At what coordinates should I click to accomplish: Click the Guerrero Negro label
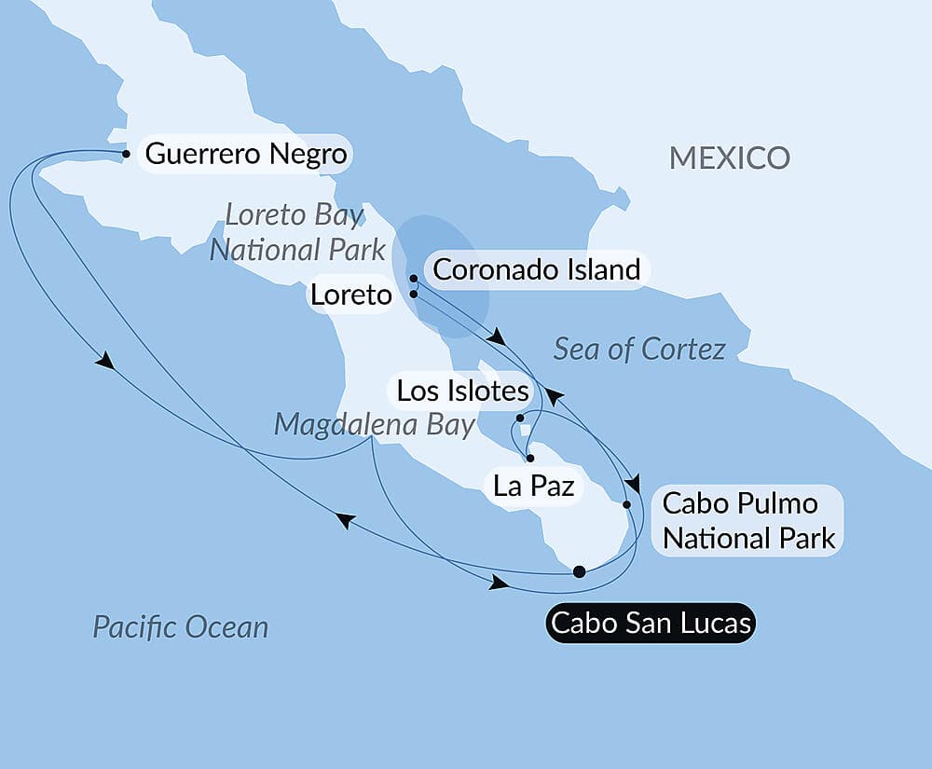(x=246, y=154)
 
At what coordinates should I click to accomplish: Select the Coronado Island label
(x=537, y=270)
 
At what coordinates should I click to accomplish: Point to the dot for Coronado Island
(x=413, y=279)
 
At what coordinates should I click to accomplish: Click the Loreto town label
(x=349, y=296)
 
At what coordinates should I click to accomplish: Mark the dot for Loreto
(x=413, y=295)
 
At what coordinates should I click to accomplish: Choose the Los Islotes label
(x=462, y=391)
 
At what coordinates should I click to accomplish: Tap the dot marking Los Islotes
(x=520, y=419)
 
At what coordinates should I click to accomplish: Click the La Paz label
(x=533, y=485)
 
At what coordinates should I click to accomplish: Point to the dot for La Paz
(x=529, y=459)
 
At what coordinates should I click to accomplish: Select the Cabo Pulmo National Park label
(x=747, y=520)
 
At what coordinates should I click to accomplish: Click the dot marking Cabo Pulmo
(x=626, y=504)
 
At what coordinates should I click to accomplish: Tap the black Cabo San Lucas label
(x=651, y=623)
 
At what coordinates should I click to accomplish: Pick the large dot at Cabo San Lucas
(x=579, y=571)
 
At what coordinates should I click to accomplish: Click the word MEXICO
(x=730, y=158)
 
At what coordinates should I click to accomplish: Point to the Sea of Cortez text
(x=639, y=350)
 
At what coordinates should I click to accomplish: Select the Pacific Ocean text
(x=181, y=626)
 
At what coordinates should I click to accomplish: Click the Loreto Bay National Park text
(x=297, y=232)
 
